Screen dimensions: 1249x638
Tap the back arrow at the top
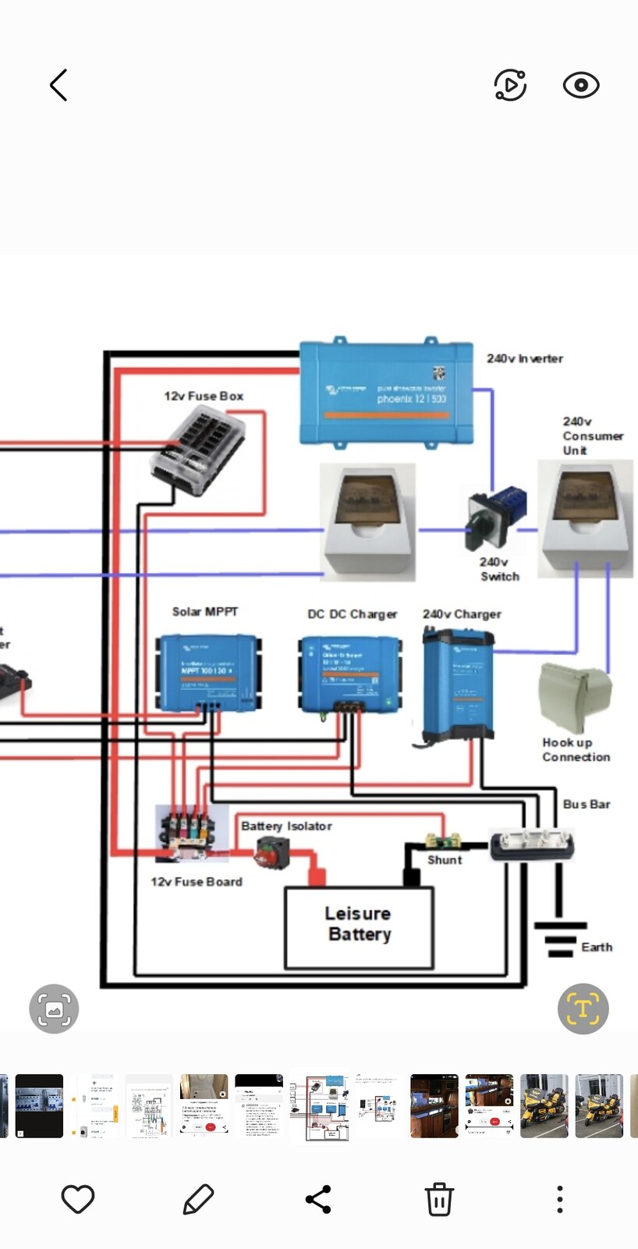click(x=58, y=85)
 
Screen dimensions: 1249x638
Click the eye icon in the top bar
click(x=581, y=85)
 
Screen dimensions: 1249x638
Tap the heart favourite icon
click(x=78, y=1199)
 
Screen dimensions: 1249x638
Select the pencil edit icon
click(x=198, y=1199)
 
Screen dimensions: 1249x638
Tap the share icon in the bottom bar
click(x=318, y=1199)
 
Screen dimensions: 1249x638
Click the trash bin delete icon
click(x=439, y=1199)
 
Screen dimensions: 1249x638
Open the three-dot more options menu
click(x=559, y=1199)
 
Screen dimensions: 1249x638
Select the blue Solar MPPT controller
click(x=208, y=671)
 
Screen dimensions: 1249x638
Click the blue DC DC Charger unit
click(x=350, y=673)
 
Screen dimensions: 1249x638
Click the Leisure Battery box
click(x=359, y=927)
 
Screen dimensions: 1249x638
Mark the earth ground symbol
click(x=560, y=938)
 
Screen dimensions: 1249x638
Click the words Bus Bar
click(x=587, y=804)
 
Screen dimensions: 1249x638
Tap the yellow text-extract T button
click(x=583, y=1009)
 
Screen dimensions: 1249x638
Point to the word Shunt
click(x=445, y=859)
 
